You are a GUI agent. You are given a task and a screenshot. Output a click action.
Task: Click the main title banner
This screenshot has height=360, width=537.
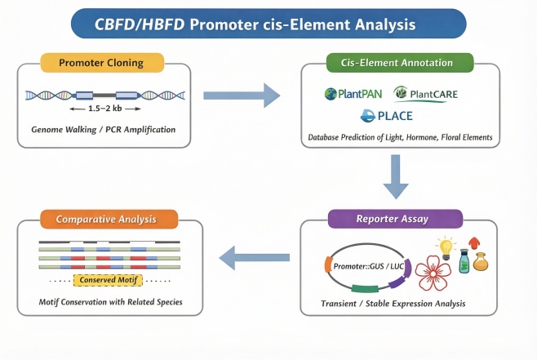tap(268, 24)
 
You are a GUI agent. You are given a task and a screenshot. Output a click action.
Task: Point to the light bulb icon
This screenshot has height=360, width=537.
tap(446, 247)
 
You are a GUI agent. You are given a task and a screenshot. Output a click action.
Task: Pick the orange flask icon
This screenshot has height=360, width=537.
tap(482, 264)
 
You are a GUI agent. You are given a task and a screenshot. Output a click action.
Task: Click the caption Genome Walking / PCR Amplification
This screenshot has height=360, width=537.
tap(103, 130)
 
